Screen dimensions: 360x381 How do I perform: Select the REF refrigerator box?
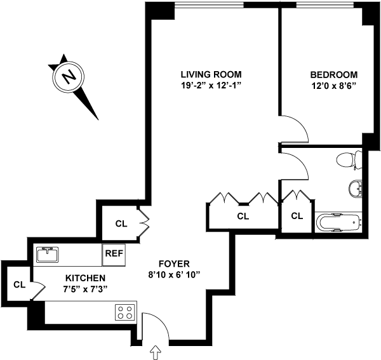[x=114, y=253]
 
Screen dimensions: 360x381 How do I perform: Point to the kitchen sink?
[x=48, y=254]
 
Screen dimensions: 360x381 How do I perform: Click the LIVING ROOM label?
[x=211, y=74]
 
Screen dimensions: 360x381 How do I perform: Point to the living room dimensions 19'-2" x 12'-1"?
[x=211, y=86]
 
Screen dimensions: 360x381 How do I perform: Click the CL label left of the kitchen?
[x=19, y=284]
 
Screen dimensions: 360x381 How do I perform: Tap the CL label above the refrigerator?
[x=121, y=223]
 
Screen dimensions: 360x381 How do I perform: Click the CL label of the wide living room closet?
[x=243, y=217]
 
